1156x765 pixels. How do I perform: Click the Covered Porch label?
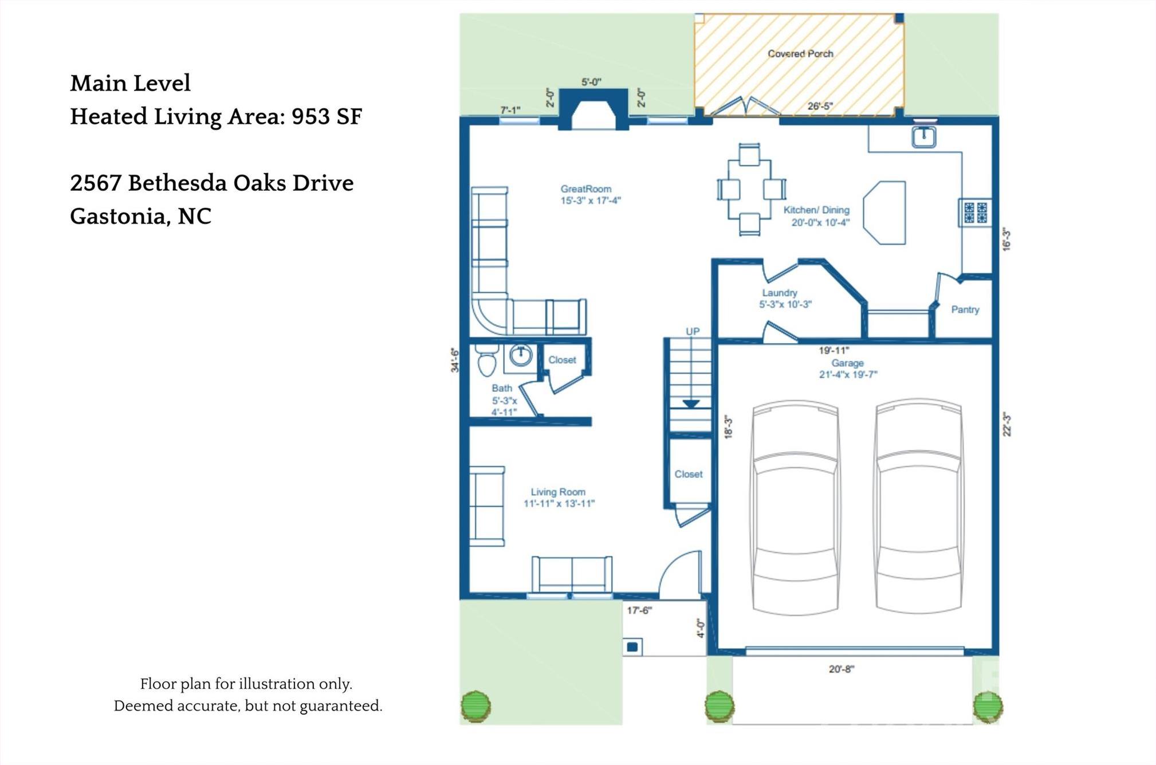click(x=800, y=53)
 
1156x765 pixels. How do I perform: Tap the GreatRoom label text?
click(x=585, y=189)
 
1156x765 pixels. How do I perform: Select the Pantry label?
click(x=965, y=309)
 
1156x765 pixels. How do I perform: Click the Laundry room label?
click(x=779, y=293)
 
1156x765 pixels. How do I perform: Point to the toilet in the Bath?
click(x=486, y=359)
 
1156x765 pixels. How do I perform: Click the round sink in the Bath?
click(x=521, y=355)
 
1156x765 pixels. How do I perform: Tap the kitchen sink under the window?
click(x=923, y=138)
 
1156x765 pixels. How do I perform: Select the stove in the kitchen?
click(x=975, y=212)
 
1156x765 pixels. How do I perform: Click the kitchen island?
click(x=884, y=213)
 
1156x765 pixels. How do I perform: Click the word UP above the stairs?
click(x=693, y=331)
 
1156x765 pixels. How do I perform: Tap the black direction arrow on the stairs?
click(x=691, y=404)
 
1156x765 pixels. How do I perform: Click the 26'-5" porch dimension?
click(x=820, y=106)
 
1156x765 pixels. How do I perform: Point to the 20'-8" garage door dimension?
click(x=841, y=669)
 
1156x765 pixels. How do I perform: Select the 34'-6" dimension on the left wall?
click(x=455, y=360)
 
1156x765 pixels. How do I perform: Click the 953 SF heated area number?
click(x=327, y=116)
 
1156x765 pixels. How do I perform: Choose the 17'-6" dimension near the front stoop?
click(x=639, y=610)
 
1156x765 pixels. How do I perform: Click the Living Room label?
click(x=558, y=492)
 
